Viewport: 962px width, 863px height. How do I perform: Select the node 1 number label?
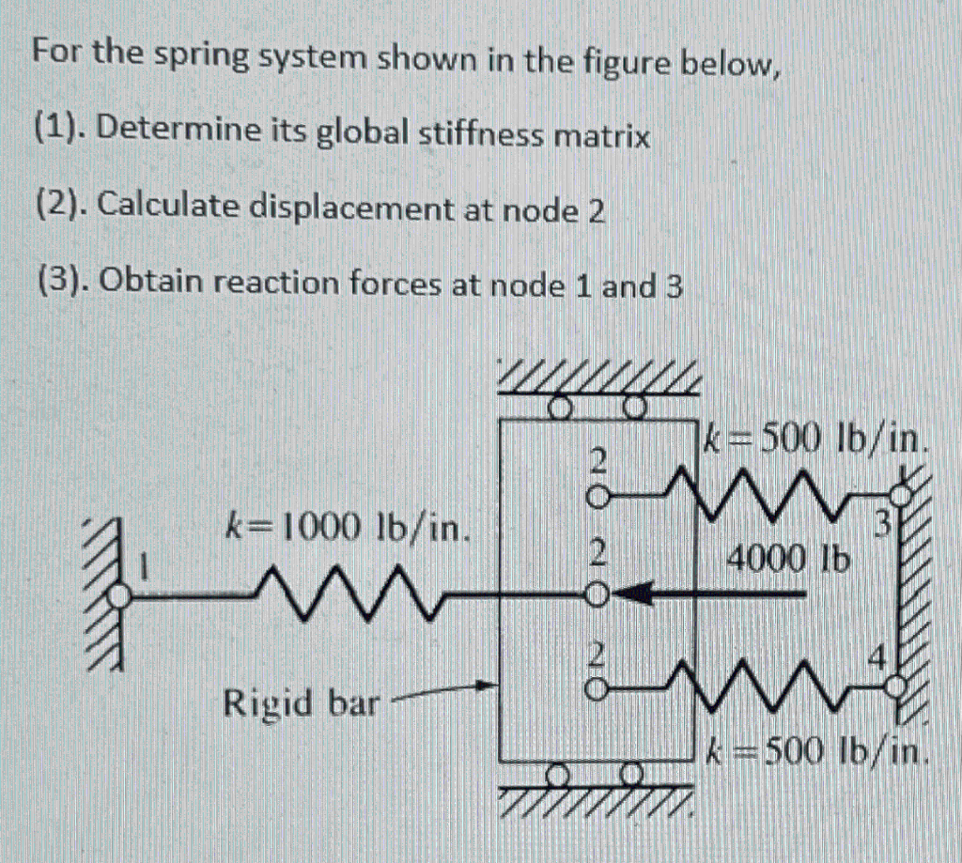pos(146,567)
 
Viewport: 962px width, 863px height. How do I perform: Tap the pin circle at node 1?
pos(119,594)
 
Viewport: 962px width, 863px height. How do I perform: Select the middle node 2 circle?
pos(594,593)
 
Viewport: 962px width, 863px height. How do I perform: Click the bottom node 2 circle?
pos(594,690)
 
